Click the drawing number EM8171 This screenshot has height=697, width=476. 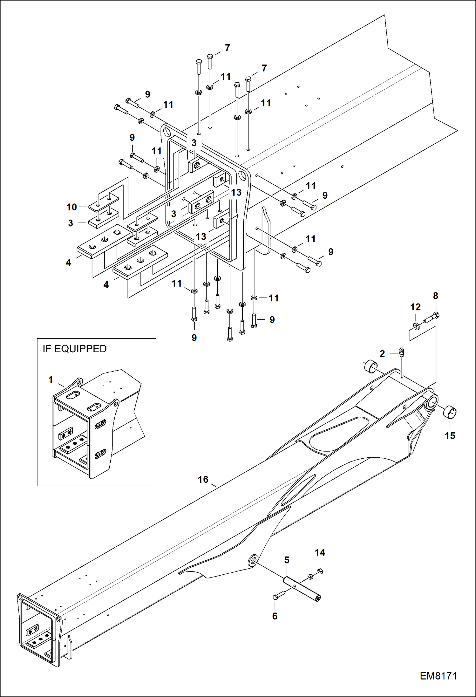[438, 676]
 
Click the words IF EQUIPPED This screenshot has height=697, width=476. [75, 349]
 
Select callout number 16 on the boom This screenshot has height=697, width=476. [203, 479]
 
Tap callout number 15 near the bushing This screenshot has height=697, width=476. [450, 436]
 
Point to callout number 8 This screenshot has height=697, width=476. [435, 296]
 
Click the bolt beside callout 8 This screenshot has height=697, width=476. [432, 318]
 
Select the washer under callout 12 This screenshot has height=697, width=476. [416, 325]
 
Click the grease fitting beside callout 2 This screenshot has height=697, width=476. [401, 352]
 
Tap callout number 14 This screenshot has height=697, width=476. [320, 552]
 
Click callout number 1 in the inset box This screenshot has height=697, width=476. [51, 379]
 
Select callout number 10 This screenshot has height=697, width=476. [71, 207]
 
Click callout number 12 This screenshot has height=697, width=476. [415, 307]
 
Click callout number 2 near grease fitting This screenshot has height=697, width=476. [382, 354]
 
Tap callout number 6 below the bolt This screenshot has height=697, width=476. [275, 616]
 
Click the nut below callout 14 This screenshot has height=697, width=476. [320, 571]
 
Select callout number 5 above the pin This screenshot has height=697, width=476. [287, 560]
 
